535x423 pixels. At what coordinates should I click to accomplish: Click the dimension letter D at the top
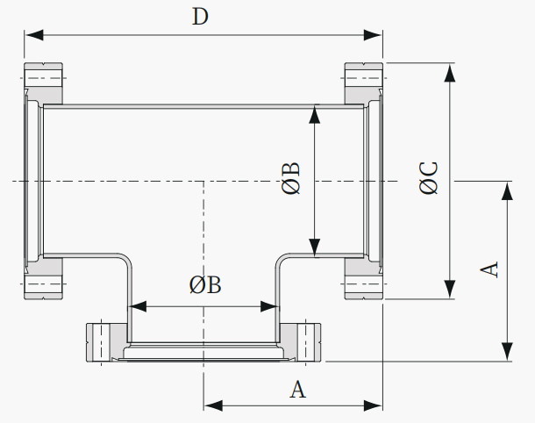pos(200,17)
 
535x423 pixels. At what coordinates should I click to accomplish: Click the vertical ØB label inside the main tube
pos(291,178)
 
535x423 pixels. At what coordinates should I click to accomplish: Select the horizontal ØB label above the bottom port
pos(205,284)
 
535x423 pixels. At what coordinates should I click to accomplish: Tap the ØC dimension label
pos(429,178)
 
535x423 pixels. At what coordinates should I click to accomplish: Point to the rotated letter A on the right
pos(489,269)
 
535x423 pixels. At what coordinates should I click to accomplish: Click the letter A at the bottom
pos(298,389)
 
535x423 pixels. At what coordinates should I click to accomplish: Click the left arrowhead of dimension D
pos(34,35)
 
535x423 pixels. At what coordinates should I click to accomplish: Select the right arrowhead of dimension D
pos(373,35)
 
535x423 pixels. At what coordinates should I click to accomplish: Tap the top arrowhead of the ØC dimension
pos(450,72)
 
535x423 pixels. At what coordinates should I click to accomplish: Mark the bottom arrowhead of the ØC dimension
pos(450,290)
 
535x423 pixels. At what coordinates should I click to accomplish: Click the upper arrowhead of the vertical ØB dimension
pos(314,114)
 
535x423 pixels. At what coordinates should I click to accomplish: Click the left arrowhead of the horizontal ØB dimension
pos(137,306)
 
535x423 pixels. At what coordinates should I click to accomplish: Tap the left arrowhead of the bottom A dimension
pos(213,406)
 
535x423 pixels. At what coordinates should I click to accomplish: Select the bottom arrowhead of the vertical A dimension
pos(508,352)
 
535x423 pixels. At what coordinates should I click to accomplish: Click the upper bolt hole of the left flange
pos(43,78)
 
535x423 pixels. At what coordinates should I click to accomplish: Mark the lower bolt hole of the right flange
pos(364,283)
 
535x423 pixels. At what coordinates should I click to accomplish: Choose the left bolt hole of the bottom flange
pos(102,342)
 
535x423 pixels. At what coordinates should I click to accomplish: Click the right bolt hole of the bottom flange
pos(306,342)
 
